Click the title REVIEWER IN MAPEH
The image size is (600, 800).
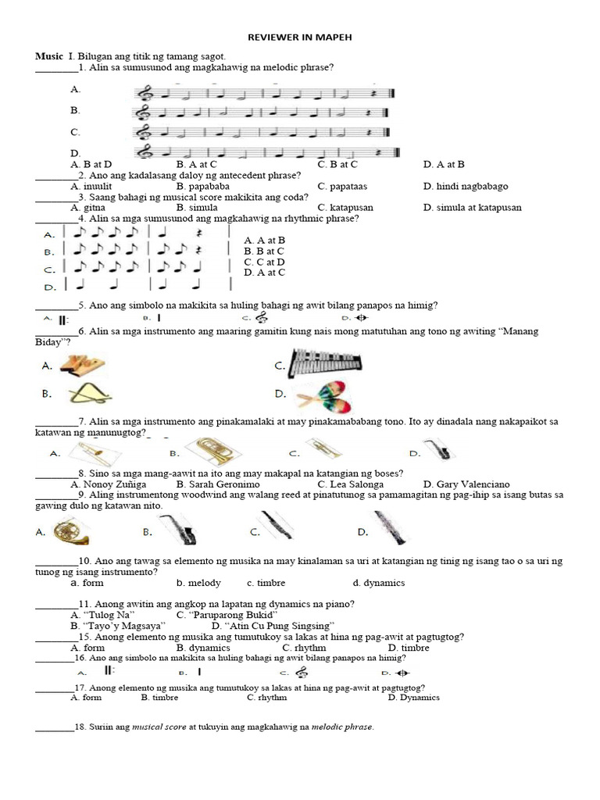(x=294, y=37)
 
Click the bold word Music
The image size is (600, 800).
(x=48, y=57)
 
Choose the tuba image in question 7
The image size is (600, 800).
(x=212, y=451)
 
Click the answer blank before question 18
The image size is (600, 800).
(x=54, y=728)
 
